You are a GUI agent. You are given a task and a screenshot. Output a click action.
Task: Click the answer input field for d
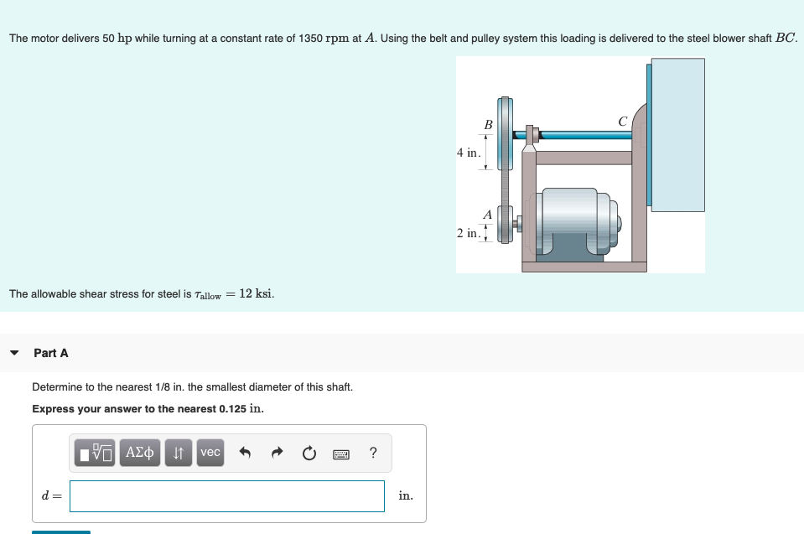[226, 496]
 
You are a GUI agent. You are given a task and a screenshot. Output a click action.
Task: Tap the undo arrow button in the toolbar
[245, 454]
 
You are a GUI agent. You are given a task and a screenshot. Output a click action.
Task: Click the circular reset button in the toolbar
[309, 454]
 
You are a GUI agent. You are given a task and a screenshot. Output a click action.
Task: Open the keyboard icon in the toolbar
[341, 454]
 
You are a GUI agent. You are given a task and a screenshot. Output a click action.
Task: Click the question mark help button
[373, 454]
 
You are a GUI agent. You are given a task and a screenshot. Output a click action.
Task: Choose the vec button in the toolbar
[210, 453]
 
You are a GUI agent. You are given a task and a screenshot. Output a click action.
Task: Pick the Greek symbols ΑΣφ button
[139, 453]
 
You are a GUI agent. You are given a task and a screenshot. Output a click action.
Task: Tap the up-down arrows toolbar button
[179, 453]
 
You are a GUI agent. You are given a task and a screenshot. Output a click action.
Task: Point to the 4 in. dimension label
[469, 153]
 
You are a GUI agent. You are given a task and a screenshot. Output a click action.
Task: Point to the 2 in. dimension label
[469, 232]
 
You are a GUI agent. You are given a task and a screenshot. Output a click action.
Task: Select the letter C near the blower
[622, 122]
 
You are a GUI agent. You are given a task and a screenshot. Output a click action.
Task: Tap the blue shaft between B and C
[587, 133]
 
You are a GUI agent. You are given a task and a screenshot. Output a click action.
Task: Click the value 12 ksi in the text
[256, 293]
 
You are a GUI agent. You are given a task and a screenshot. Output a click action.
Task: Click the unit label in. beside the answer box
[406, 496]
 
